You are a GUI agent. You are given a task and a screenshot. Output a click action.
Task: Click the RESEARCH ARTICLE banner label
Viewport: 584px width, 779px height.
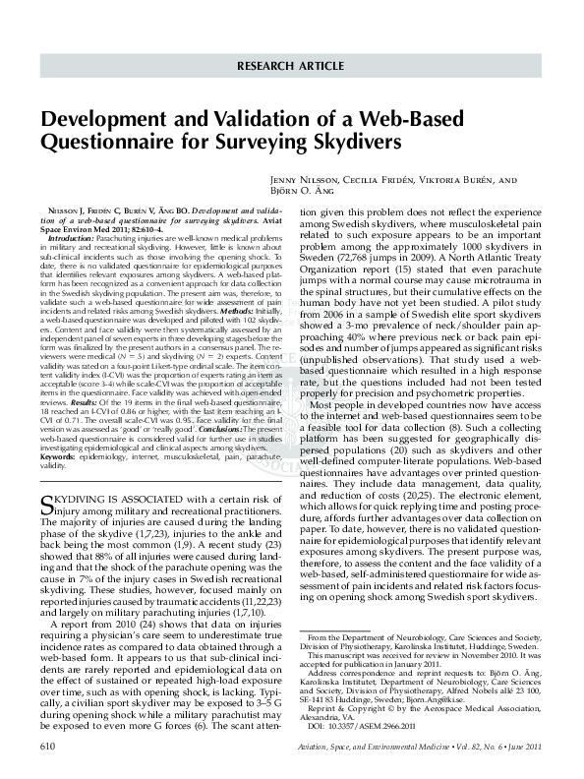(292, 66)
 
